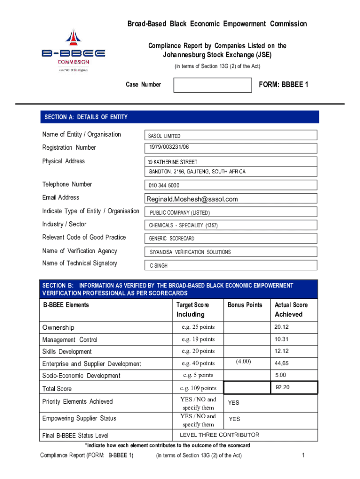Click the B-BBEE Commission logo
click(73, 51)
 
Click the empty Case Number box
click(212, 85)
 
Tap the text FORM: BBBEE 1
click(283, 85)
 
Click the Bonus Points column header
click(245, 305)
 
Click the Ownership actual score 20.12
click(281, 327)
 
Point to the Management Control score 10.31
click(281, 339)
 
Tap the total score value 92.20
click(283, 387)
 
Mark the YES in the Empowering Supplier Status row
click(234, 419)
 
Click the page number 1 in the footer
click(303, 456)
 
